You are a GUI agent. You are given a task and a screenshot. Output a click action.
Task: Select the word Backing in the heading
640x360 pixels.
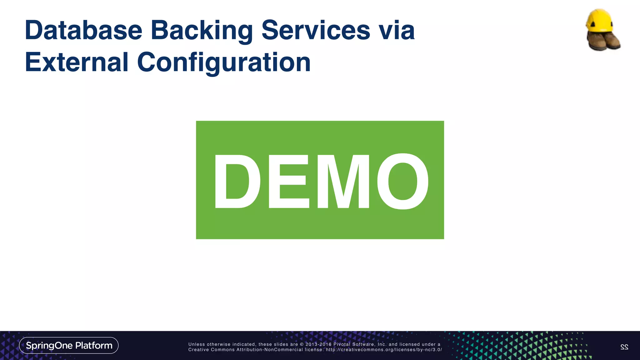coord(202,31)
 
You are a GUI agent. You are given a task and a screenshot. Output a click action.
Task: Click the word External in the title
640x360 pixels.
coord(77,62)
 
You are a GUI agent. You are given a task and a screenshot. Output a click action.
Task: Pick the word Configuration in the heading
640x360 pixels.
coord(224,63)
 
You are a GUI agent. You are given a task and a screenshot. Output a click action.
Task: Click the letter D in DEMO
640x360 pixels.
coord(237,181)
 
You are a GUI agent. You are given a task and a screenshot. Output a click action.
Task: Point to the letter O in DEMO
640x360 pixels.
coord(403,181)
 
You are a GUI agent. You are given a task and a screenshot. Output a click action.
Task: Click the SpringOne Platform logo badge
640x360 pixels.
coord(69,345)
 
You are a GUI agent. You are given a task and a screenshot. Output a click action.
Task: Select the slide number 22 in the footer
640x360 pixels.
coord(624,347)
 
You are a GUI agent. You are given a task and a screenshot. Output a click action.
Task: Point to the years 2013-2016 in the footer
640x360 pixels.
coord(318,344)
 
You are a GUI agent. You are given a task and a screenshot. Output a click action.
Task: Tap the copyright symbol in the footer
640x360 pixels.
coord(302,344)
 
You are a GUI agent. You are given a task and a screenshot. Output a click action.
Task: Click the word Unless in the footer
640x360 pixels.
coord(197,344)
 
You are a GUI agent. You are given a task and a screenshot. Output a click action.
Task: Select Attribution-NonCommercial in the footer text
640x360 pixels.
coord(269,350)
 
